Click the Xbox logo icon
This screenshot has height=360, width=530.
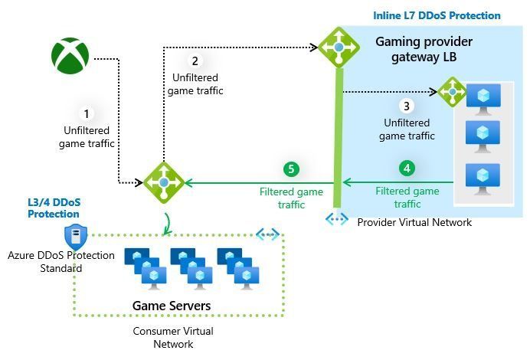tap(70, 55)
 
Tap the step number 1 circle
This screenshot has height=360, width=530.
tap(87, 114)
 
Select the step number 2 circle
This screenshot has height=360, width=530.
tap(195, 61)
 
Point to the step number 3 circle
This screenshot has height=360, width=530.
tap(407, 106)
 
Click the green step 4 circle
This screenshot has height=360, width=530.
tap(407, 168)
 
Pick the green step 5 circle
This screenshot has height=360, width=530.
tap(290, 169)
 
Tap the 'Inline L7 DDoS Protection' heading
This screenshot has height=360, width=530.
tap(437, 15)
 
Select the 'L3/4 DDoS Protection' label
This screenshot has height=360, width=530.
tap(54, 208)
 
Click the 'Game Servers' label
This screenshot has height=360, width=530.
tap(172, 306)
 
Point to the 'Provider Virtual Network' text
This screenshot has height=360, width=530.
tap(414, 222)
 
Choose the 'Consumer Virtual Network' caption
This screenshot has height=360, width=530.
tap(173, 338)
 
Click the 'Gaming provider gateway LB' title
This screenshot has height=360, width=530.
tap(424, 49)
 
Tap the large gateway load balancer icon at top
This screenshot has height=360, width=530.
tap(338, 47)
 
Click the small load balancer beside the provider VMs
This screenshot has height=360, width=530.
tap(453, 92)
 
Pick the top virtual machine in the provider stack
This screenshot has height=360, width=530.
tap(483, 98)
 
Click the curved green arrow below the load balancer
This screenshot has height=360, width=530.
tap(166, 223)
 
